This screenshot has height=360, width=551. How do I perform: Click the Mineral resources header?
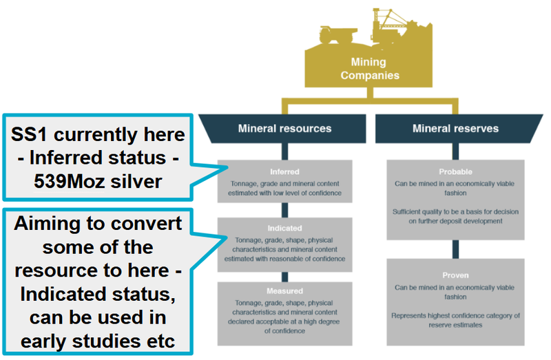pyautogui.click(x=284, y=129)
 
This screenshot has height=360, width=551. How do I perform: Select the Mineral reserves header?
pyautogui.click(x=455, y=129)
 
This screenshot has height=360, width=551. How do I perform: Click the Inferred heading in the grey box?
pyautogui.click(x=284, y=171)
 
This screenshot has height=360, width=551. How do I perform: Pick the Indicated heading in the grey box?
pyautogui.click(x=284, y=228)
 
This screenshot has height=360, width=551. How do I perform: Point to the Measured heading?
pyautogui.click(x=284, y=291)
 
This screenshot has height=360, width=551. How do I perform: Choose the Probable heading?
pyautogui.click(x=455, y=171)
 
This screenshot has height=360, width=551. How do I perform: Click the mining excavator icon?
pyautogui.click(x=393, y=24)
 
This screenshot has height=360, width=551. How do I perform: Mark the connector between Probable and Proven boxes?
pyautogui.click(x=455, y=248)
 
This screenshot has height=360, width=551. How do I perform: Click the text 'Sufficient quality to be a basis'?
pyautogui.click(x=455, y=211)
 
